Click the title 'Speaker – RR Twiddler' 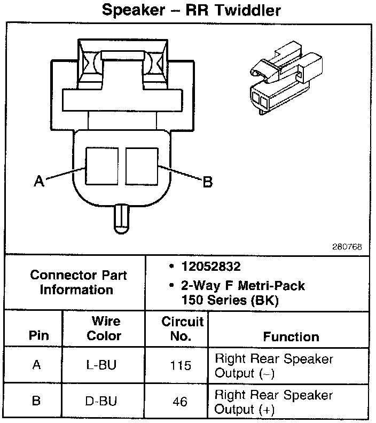point(191,11)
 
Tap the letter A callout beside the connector point(38,182)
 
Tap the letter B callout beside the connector point(207,182)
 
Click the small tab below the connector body point(122,218)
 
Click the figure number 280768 point(347,247)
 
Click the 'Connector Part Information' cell point(78,283)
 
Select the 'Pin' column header point(38,336)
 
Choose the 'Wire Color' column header point(104,328)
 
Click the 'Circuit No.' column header point(183,328)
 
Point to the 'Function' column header point(291,336)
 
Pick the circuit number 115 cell point(181,366)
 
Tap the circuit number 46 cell point(181,401)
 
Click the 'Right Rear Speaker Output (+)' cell point(273,402)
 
